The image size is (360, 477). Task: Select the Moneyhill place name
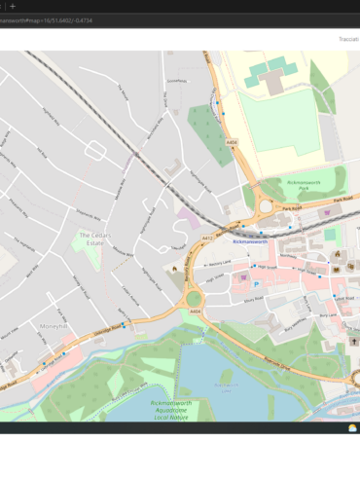click(x=54, y=326)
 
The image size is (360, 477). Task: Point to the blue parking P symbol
click(x=256, y=284)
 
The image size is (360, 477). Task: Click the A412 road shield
click(x=207, y=238)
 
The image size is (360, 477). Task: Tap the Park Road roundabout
click(x=265, y=206)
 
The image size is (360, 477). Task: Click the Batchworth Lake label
click(x=226, y=385)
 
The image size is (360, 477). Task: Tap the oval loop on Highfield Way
click(x=95, y=150)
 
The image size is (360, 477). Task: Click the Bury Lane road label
click(x=328, y=314)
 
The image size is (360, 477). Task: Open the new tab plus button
click(x=13, y=6)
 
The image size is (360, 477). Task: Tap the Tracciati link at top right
click(x=347, y=39)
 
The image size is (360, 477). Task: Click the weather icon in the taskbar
click(x=352, y=427)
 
